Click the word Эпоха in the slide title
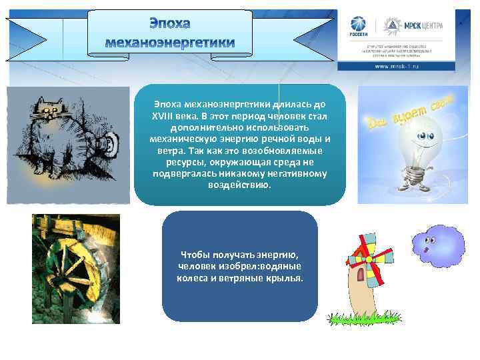click(x=169, y=24)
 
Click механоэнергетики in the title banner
click(x=170, y=42)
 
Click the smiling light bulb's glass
click(x=421, y=137)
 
